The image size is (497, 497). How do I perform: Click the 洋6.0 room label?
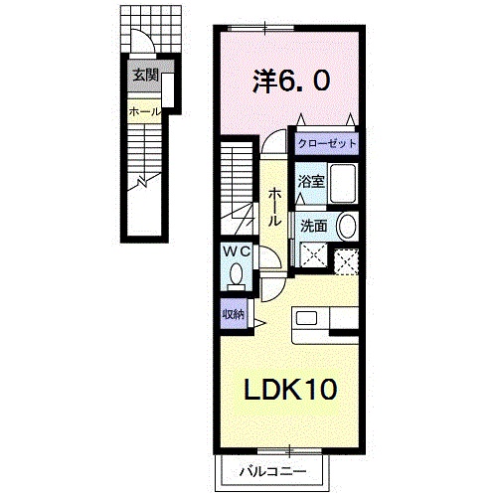click(x=291, y=82)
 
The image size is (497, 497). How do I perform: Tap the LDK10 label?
click(x=290, y=389)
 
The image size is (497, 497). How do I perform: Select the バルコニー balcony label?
click(x=272, y=471)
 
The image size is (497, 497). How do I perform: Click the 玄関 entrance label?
click(x=146, y=76)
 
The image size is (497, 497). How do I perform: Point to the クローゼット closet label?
click(x=327, y=143)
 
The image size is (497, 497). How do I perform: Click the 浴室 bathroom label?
click(x=311, y=182)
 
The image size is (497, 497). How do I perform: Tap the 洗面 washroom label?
click(x=314, y=227)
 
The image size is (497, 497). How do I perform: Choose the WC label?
click(x=237, y=252)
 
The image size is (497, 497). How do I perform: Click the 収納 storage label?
click(x=233, y=314)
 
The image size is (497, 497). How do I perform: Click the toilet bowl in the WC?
click(x=237, y=274)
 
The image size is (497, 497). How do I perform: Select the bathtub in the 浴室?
click(x=343, y=183)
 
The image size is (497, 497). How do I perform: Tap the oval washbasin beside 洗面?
click(x=347, y=227)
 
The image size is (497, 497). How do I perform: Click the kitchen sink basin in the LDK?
click(x=306, y=318)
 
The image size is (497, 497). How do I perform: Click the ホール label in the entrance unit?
click(x=144, y=111)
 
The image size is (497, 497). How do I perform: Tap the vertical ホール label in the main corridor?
click(x=274, y=207)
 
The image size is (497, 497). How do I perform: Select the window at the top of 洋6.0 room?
click(x=261, y=28)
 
